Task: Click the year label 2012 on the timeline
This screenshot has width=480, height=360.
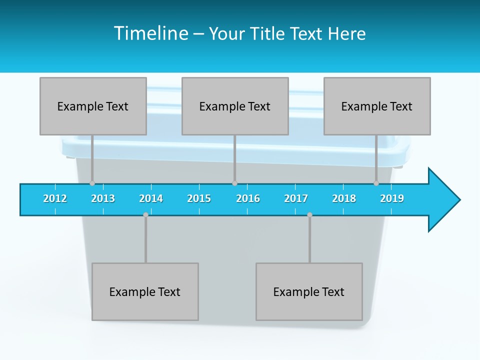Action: (55, 198)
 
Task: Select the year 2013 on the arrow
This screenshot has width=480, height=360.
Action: (103, 198)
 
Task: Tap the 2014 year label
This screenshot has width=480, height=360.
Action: (151, 198)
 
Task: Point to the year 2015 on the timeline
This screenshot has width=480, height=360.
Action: (199, 198)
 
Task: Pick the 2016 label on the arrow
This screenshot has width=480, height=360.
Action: (248, 198)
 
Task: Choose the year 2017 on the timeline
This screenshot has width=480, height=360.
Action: (296, 198)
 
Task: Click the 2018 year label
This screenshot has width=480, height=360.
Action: (344, 198)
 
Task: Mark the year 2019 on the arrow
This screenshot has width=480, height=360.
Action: (392, 198)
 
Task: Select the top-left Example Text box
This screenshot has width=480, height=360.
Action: (93, 106)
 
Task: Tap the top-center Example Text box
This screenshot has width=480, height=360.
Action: (235, 106)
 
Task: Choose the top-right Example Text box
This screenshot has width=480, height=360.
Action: (377, 106)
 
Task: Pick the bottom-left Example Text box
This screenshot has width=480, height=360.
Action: (145, 291)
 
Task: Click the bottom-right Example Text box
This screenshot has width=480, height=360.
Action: (309, 291)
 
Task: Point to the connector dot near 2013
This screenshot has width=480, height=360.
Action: (92, 183)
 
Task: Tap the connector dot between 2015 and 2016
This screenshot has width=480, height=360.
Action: (234, 183)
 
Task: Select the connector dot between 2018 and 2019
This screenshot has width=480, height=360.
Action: (376, 183)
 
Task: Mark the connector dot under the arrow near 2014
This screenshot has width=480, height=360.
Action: (145, 214)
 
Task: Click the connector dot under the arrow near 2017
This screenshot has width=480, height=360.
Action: (309, 214)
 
